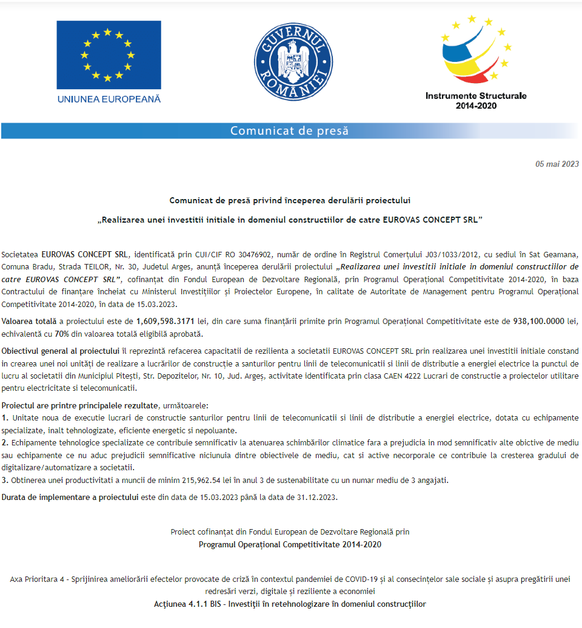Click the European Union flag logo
pyautogui.click(x=109, y=55)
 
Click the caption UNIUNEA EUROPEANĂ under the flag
pyautogui.click(x=109, y=99)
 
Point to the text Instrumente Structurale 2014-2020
pyautogui.click(x=476, y=101)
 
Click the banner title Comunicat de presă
pyautogui.click(x=289, y=131)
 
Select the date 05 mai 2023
pyautogui.click(x=557, y=164)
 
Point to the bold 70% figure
pyautogui.click(x=61, y=334)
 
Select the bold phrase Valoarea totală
pyautogui.click(x=27, y=322)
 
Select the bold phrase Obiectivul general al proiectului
pyautogui.click(x=61, y=351)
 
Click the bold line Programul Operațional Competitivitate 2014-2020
pyautogui.click(x=290, y=544)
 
